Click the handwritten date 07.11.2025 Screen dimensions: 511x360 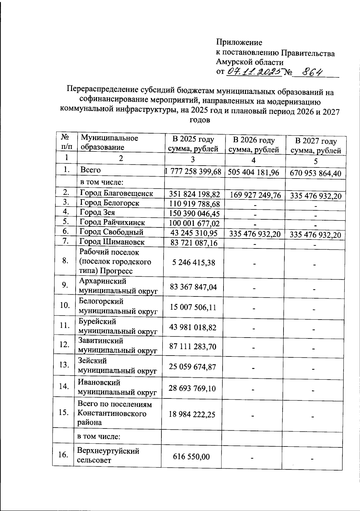point(254,72)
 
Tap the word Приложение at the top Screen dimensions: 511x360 point(239,42)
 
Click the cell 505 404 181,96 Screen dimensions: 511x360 point(253,172)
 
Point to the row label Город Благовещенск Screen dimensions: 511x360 point(116,193)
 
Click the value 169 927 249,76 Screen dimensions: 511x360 point(255,195)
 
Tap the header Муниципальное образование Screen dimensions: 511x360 point(109,143)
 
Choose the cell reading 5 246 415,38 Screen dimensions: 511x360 point(193,263)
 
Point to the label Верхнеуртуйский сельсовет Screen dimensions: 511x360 point(108,455)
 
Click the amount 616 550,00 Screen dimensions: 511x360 point(191,457)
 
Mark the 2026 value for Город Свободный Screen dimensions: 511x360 point(255,234)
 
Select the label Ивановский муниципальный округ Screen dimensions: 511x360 point(117,387)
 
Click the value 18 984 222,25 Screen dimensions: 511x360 point(192,414)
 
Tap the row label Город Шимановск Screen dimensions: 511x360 point(112,242)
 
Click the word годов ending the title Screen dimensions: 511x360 point(200,120)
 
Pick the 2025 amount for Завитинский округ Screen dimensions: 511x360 point(193,347)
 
